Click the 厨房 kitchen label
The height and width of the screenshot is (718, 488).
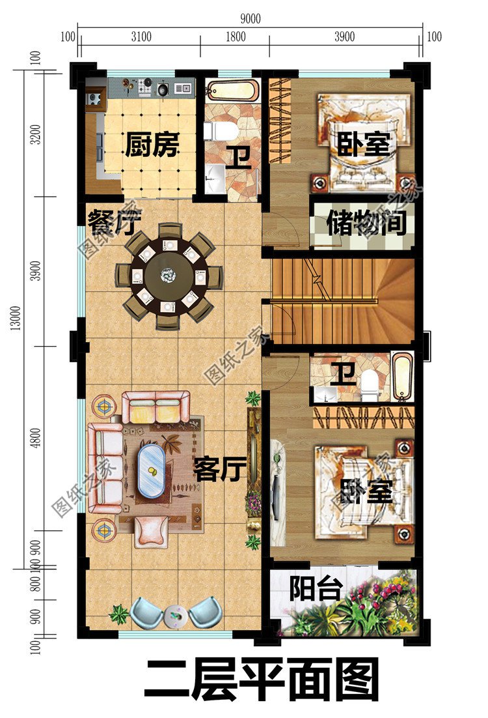(151, 145)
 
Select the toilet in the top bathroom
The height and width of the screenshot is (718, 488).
(221, 131)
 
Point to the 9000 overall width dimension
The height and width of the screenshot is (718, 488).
(249, 19)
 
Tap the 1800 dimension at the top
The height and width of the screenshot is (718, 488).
(235, 36)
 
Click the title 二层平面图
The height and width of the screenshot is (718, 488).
(261, 682)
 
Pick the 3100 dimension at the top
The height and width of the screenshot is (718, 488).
(140, 36)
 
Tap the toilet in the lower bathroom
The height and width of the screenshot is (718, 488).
(369, 385)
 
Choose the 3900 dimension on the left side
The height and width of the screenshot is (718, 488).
(36, 271)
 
